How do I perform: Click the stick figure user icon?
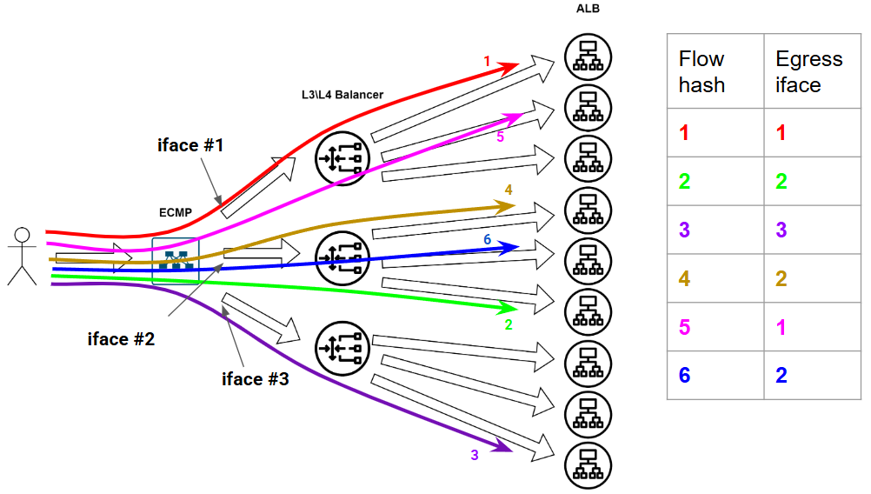tap(22, 256)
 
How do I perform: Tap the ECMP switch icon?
tap(176, 260)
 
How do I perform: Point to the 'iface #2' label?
tap(121, 339)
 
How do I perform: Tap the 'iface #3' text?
tap(255, 378)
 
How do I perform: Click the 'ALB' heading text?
tap(588, 9)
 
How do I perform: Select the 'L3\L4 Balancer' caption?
tap(336, 94)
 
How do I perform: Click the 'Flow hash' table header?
tap(701, 71)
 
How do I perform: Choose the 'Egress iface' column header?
tap(808, 71)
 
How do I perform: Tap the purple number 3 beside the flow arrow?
tap(475, 455)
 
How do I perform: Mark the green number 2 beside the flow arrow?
tap(509, 325)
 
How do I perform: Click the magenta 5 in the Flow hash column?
tap(684, 327)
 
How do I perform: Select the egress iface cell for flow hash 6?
tap(781, 375)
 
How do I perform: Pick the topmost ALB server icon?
tap(588, 56)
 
